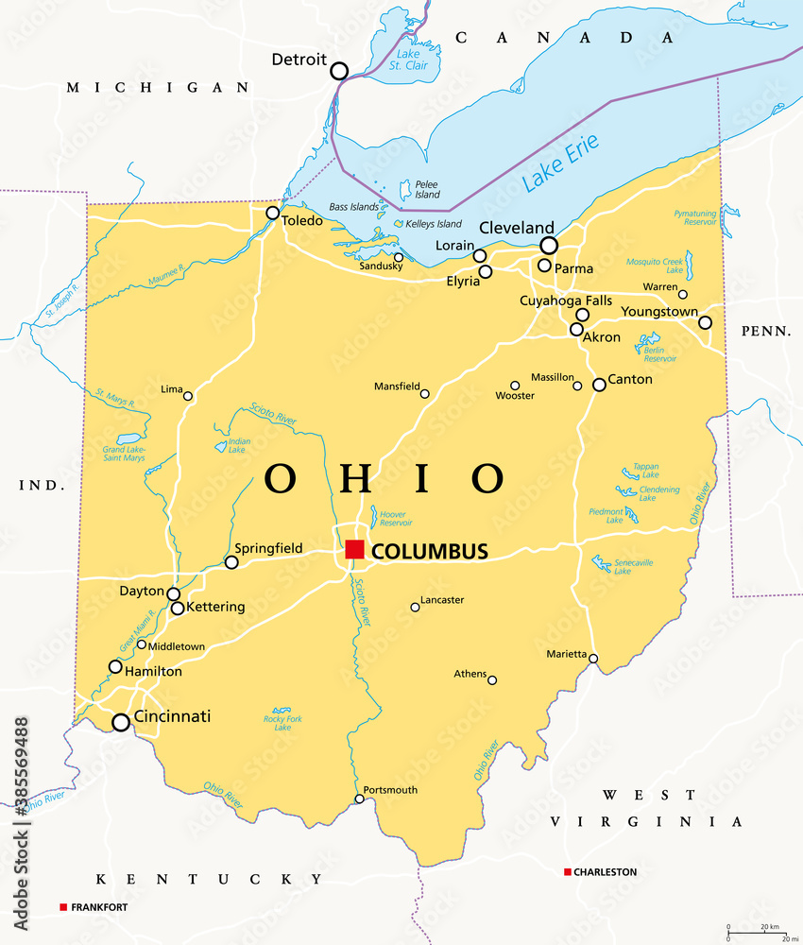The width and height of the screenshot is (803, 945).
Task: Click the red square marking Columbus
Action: pyautogui.click(x=354, y=550)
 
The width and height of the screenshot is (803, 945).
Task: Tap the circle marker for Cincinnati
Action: pyautogui.click(x=121, y=723)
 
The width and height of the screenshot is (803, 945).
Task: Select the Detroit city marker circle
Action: pyautogui.click(x=338, y=70)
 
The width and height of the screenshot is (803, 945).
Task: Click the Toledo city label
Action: pyautogui.click(x=303, y=221)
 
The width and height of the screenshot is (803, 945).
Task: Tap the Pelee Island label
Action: pyautogui.click(x=427, y=189)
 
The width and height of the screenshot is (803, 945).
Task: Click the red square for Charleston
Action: pyautogui.click(x=567, y=871)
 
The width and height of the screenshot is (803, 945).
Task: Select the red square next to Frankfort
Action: pyautogui.click(x=63, y=907)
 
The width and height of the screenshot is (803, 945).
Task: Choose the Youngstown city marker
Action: pyautogui.click(x=705, y=322)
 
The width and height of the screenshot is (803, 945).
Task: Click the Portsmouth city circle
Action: pyautogui.click(x=359, y=799)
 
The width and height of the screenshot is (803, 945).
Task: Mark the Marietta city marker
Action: pyautogui.click(x=593, y=659)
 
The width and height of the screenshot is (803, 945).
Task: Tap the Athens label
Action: pyautogui.click(x=470, y=674)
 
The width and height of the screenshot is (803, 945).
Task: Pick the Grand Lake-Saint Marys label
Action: pyautogui.click(x=124, y=454)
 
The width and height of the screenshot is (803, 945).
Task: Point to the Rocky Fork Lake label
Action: pyautogui.click(x=282, y=723)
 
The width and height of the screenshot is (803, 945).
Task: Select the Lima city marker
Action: pyautogui.click(x=188, y=396)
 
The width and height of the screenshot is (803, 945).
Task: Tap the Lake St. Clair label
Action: pyautogui.click(x=412, y=60)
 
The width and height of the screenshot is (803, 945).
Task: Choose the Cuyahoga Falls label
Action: pyautogui.click(x=566, y=301)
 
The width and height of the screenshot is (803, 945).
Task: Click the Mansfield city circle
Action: pyautogui.click(x=424, y=394)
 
